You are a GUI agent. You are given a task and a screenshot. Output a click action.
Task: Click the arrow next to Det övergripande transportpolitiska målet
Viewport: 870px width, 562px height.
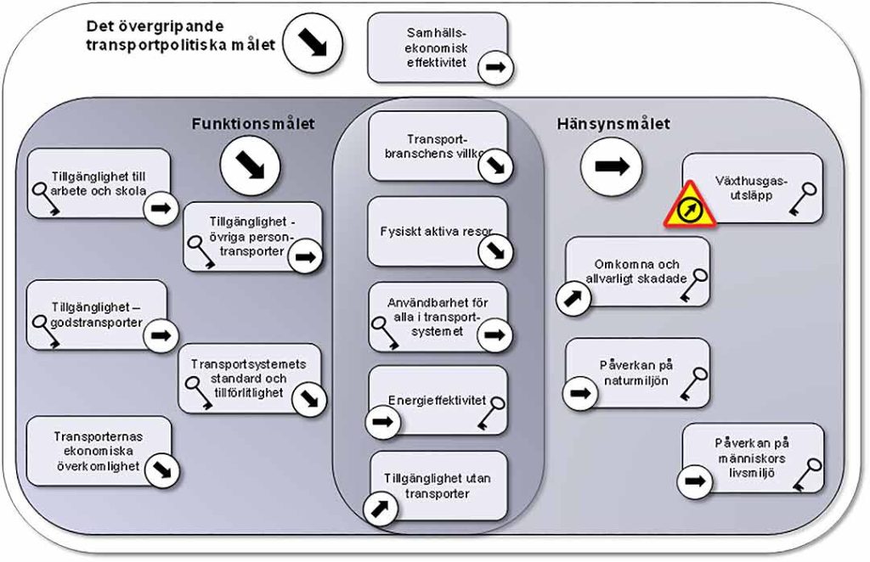[311, 44]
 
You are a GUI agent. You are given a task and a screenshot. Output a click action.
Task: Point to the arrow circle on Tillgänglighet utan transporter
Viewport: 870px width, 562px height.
[380, 508]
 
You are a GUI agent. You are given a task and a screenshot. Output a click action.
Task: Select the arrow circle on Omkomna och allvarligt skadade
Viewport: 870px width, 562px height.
[574, 299]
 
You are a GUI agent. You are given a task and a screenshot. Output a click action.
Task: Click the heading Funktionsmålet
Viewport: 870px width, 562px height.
[253, 124]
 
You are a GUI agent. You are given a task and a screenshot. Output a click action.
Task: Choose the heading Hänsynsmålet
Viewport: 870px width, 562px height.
[613, 124]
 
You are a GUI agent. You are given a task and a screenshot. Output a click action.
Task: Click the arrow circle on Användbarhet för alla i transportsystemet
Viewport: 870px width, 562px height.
[494, 334]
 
